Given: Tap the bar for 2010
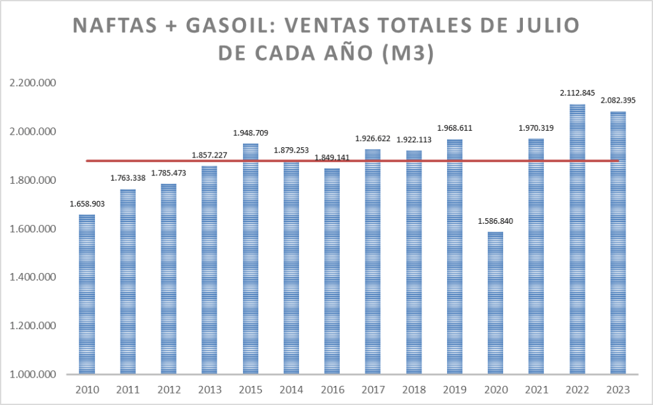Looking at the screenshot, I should coord(87,294).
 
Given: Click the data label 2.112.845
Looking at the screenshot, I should coord(577,93).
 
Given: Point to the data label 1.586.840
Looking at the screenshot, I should coord(495,221).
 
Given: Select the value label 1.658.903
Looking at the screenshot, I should coord(87,204).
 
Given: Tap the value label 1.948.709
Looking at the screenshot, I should coord(250,133).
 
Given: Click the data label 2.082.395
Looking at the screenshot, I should coord(618,101).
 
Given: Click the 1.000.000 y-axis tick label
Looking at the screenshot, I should coord(31,374).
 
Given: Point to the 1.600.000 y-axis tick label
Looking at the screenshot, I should coord(31,229).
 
